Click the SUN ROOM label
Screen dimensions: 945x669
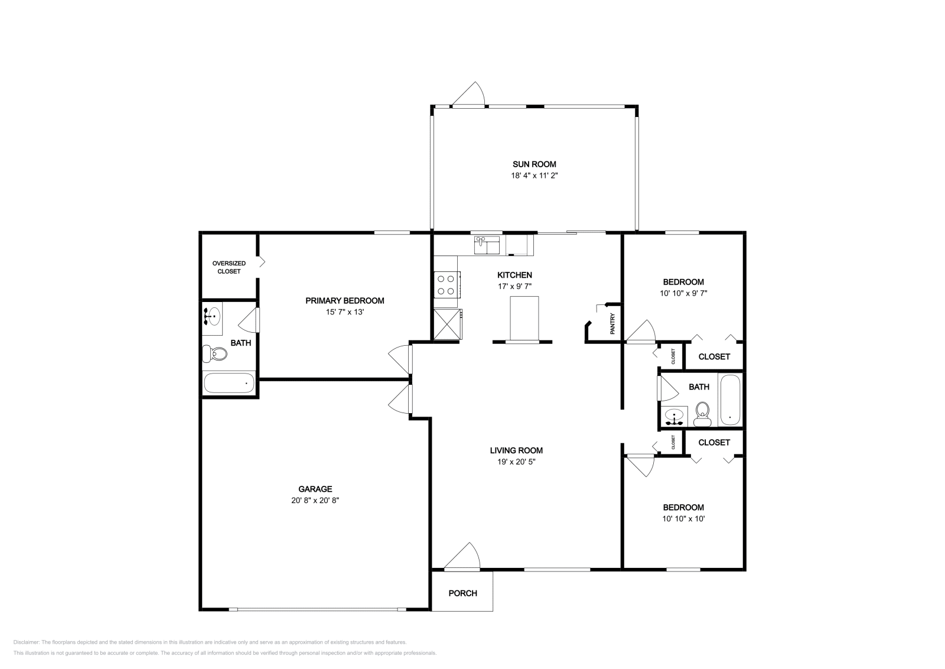pyautogui.click(x=534, y=164)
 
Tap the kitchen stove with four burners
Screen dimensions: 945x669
pyautogui.click(x=447, y=285)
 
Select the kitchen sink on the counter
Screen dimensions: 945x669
pyautogui.click(x=487, y=245)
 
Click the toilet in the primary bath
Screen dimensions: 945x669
pyautogui.click(x=214, y=353)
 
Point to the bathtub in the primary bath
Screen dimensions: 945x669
pyautogui.click(x=229, y=382)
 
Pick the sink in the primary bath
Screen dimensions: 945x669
pyautogui.click(x=212, y=316)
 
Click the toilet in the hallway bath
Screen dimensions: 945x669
pyautogui.click(x=702, y=414)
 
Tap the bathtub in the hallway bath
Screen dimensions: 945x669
pyautogui.click(x=730, y=400)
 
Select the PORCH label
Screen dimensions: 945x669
pyautogui.click(x=463, y=593)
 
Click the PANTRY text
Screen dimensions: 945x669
pyautogui.click(x=612, y=324)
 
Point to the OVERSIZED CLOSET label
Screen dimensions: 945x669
pyautogui.click(x=229, y=267)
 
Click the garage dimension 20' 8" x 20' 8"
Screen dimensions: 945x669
pyautogui.click(x=315, y=500)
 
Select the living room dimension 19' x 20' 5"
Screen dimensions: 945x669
pyautogui.click(x=516, y=462)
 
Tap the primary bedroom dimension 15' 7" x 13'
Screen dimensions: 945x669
pyautogui.click(x=345, y=312)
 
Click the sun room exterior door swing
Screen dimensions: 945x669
pyautogui.click(x=469, y=94)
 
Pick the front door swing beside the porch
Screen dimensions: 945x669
pyautogui.click(x=462, y=557)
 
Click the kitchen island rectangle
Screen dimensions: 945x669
pyautogui.click(x=524, y=319)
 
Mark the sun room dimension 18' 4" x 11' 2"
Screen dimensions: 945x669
pyautogui.click(x=535, y=175)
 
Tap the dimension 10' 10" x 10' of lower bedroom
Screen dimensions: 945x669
pyautogui.click(x=683, y=518)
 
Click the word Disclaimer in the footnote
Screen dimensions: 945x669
pyautogui.click(x=26, y=642)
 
